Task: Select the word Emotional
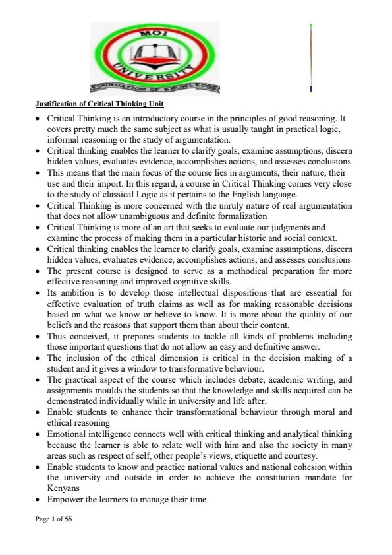[68, 434]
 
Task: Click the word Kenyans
[63, 489]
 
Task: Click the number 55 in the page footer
[68, 520]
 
